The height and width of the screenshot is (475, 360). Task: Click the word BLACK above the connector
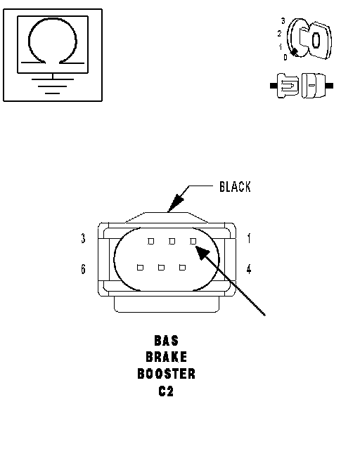coord(235,187)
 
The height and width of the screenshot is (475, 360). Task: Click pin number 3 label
coord(84,238)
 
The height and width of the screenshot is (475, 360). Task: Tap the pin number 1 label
coord(249,238)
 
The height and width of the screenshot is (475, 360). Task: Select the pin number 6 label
coord(84,268)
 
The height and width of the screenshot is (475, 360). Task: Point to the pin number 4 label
coord(249,268)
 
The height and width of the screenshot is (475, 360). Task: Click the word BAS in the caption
coord(167,341)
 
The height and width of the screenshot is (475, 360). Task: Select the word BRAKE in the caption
coord(167,357)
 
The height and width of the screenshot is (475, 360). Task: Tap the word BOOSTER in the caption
coord(167,374)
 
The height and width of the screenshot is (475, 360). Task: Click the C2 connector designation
coord(166,391)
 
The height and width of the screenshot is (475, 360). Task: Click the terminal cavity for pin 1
coord(193,241)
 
